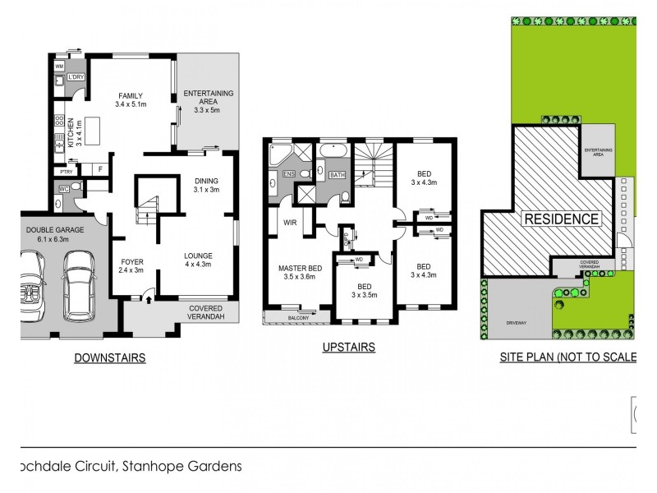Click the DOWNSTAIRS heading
110,357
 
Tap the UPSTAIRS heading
348,348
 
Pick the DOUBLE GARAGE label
55,230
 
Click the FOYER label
131,262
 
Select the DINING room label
207,182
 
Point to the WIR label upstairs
290,222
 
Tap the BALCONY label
297,316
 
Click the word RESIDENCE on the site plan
562,219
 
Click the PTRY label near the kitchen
64,172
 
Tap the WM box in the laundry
60,65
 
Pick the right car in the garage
79,285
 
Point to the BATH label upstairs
337,175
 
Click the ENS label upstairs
288,175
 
